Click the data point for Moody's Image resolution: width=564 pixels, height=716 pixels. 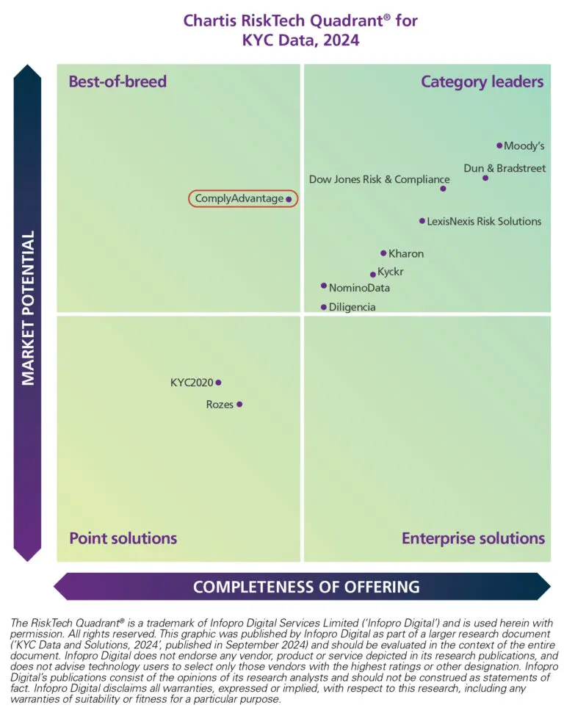coord(499,145)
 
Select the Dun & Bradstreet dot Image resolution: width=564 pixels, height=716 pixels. coord(485,178)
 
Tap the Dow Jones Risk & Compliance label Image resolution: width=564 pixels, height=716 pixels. coord(379,179)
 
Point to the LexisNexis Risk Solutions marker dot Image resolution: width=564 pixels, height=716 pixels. coord(422,220)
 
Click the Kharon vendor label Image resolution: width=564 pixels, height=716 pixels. coord(406,254)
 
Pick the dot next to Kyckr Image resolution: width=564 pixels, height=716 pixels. coord(373,275)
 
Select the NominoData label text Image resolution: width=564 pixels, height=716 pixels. coord(359,288)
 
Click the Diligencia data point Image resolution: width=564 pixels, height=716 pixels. coord(324,307)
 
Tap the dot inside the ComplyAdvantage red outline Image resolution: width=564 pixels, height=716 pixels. coord(289,198)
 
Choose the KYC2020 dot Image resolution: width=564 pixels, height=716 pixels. coord(218,382)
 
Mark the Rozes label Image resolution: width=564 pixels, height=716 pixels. coord(220,405)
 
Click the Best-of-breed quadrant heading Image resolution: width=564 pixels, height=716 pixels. coord(117,82)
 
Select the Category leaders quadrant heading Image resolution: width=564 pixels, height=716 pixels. coord(482,82)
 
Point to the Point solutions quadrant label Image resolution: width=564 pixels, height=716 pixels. coord(123,538)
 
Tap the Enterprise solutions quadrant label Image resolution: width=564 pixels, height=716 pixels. coord(473,538)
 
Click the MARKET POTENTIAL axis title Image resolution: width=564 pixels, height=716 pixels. coord(28,308)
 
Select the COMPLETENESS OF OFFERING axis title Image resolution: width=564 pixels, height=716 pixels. coord(306,587)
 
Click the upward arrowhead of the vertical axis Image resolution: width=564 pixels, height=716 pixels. coord(28,74)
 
